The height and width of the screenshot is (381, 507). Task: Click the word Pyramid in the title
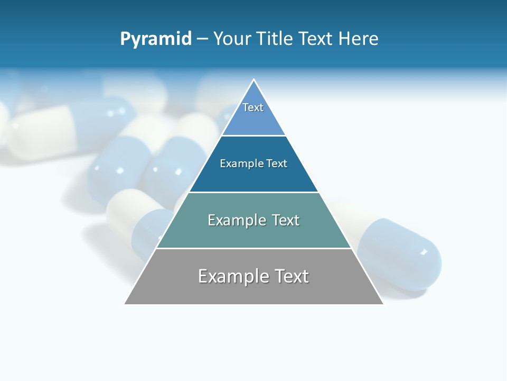(156, 39)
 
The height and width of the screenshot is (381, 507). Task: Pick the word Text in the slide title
(316, 39)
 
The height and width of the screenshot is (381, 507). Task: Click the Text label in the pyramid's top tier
(253, 107)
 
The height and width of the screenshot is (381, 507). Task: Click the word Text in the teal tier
(286, 220)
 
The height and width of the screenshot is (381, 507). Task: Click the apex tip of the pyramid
(254, 80)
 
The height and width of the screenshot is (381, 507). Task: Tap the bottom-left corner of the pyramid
(125, 303)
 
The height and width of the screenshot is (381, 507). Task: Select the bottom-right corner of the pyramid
(382, 303)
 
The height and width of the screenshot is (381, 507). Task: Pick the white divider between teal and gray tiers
(253, 248)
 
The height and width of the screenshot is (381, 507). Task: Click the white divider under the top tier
(253, 135)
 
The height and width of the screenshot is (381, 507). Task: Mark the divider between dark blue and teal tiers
(253, 192)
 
